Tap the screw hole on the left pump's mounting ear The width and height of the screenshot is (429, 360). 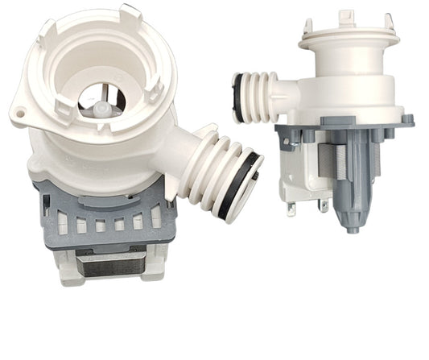point(18,114)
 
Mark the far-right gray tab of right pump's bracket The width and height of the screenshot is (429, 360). point(407,121)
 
